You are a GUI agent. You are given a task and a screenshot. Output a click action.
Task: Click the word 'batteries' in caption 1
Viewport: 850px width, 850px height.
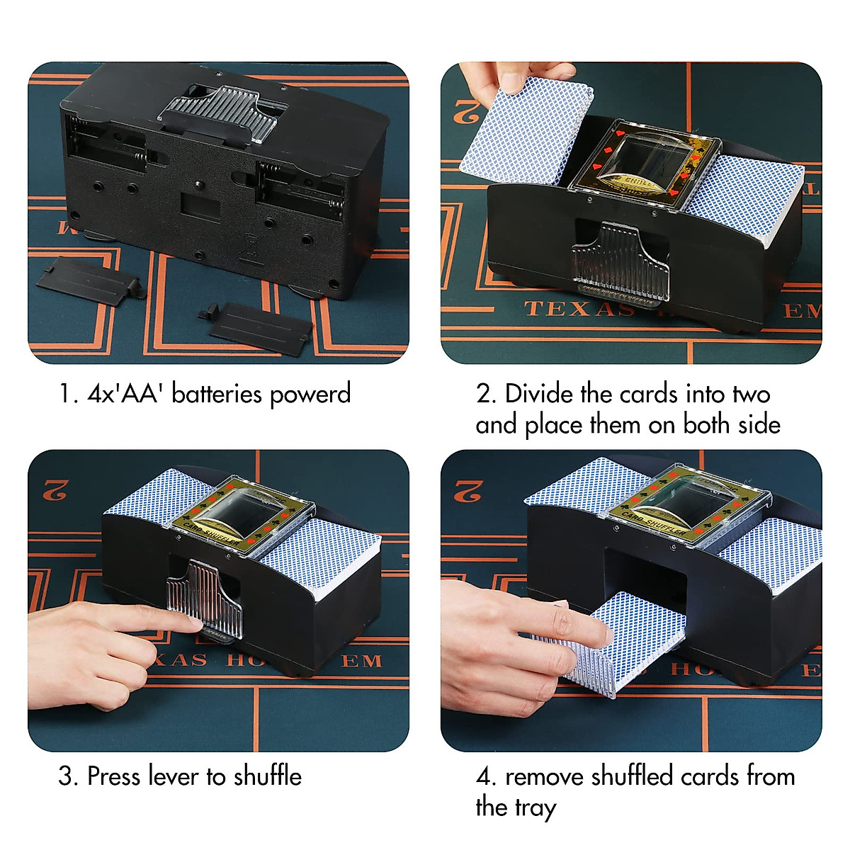[217, 394]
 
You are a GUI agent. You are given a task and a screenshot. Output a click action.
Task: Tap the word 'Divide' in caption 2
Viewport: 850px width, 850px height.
[538, 394]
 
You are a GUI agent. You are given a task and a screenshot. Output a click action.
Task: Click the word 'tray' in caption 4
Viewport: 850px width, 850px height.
[536, 807]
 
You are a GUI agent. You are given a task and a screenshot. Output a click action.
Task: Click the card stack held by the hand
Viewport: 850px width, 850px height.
[528, 131]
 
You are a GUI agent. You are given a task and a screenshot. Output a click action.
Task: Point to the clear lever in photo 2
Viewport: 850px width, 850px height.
[619, 259]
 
